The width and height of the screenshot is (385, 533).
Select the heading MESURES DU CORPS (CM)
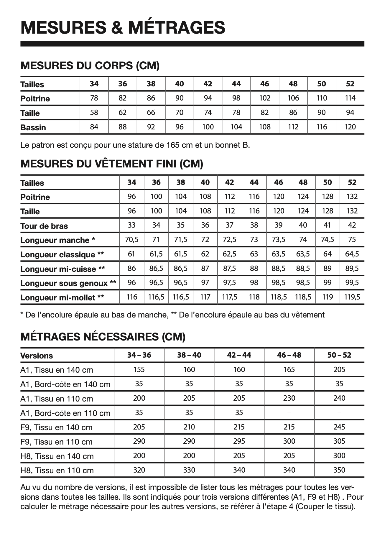point(90,65)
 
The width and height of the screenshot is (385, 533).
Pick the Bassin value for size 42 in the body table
point(208,127)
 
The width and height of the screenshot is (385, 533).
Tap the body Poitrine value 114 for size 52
point(350,98)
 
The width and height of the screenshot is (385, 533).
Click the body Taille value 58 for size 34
point(94,113)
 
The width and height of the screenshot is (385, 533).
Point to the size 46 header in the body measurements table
point(265,84)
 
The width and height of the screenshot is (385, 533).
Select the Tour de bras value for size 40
point(205,226)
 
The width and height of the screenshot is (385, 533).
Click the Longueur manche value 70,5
point(131,240)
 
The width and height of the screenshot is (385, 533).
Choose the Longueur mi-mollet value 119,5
point(352,297)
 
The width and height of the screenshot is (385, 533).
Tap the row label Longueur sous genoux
point(68,283)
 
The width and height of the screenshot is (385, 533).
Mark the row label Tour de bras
point(44,226)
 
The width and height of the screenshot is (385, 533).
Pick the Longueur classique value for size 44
point(254,254)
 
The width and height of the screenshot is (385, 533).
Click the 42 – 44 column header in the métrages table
point(239,355)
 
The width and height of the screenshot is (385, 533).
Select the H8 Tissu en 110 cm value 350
point(339,470)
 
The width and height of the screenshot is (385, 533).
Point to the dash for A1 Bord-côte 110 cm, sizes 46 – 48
point(289,413)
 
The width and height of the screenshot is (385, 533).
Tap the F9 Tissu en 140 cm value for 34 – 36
point(139,427)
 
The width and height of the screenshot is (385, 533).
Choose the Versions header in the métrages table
point(37,356)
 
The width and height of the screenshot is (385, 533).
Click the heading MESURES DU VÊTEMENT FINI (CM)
point(112,164)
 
